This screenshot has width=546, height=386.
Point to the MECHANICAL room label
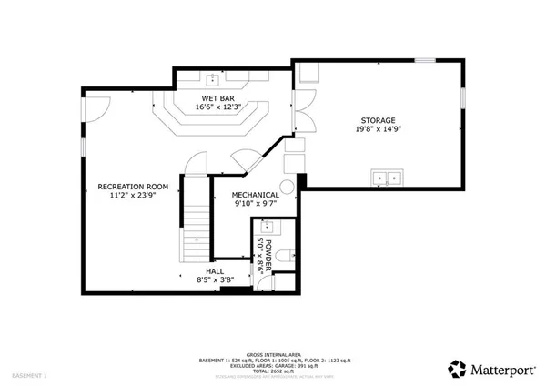(x=254, y=196)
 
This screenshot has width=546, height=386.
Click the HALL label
(x=214, y=270)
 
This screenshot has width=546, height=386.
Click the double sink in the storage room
(x=387, y=178)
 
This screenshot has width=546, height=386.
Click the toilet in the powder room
(x=284, y=256)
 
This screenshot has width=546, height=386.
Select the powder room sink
(x=267, y=227)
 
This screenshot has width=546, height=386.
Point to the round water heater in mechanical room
(x=288, y=188)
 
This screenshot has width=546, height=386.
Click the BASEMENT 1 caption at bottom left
(x=29, y=375)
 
